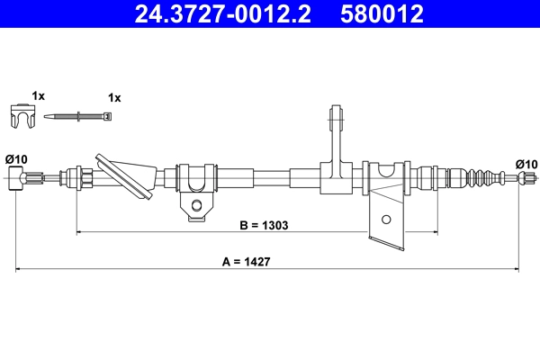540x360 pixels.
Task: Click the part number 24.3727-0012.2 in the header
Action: click(225, 13)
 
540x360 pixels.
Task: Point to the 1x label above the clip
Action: click(37, 94)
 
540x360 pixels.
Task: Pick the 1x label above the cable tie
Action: click(113, 96)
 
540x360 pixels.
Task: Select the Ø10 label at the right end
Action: click(526, 163)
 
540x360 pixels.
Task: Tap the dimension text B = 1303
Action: click(256, 225)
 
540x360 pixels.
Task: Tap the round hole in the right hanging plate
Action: click(386, 219)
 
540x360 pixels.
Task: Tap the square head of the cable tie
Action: click(108, 116)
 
